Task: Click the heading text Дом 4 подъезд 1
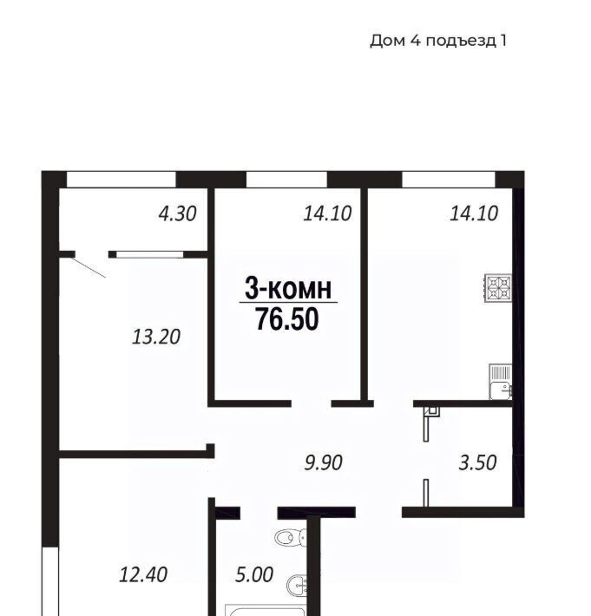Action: coord(438,41)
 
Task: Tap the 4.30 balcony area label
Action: coord(177,214)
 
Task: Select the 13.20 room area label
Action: coord(156,337)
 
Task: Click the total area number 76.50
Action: coord(287,319)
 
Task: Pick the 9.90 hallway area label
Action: coord(324,462)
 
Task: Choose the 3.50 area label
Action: coord(478,462)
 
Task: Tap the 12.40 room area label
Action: coord(143,574)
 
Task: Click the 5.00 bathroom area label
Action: coord(254,575)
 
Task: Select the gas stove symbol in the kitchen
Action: coord(498,288)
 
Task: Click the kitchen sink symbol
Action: coord(501,382)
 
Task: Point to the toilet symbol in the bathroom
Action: coord(292,537)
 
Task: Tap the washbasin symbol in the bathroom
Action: coord(298,586)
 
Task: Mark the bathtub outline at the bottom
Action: coord(266,611)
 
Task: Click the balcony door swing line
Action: coord(89,267)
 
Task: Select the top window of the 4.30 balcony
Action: coord(121,180)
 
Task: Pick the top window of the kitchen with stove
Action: coord(449,180)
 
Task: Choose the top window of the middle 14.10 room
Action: coord(287,180)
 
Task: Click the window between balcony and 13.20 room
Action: coord(150,254)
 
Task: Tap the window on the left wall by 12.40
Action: coord(50,581)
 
